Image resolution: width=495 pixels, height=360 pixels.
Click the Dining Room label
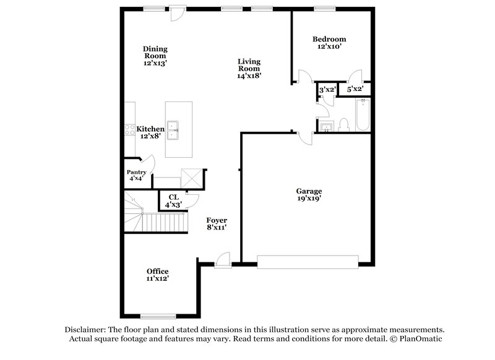coord(155,56)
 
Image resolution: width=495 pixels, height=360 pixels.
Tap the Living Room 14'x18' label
coord(249,69)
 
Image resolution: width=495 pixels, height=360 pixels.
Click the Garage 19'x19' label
coord(308,195)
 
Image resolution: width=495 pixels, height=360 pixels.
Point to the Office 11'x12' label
coord(157,275)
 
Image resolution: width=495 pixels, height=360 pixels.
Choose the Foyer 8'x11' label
coord(217,224)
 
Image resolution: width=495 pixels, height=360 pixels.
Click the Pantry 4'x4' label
coord(136,175)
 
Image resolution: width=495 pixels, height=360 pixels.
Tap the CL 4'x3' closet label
coord(173,200)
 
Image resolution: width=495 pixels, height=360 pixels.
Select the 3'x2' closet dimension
coord(327,90)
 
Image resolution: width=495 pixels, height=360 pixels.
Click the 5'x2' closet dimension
coord(355,90)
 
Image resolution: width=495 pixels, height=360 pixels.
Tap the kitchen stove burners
coord(131,130)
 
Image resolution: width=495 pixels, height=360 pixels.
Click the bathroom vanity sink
coord(327,127)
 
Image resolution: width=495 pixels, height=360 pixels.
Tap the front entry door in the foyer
coord(224,260)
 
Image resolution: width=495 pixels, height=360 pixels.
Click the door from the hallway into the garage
coord(303,137)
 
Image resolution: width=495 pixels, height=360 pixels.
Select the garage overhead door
coord(308,262)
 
